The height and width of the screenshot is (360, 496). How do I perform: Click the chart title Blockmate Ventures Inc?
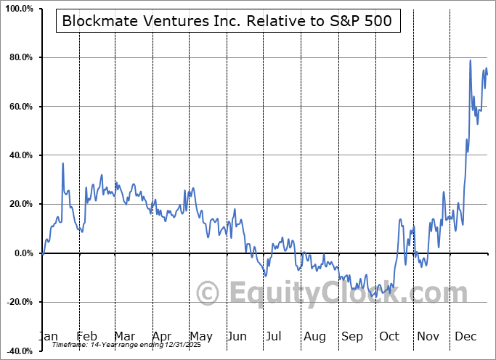pos(227,21)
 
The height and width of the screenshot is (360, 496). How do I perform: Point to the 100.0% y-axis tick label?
pos(17,9)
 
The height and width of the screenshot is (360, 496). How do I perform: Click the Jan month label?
pos(47,336)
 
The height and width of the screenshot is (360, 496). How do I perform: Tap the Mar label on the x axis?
pos(124,336)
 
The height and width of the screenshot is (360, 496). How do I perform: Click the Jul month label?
pos(275,336)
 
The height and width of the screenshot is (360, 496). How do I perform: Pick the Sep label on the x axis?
pos(352,336)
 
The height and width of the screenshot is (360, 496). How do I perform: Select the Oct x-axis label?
pos(389,336)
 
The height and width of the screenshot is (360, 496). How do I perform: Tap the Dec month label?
pos(466,336)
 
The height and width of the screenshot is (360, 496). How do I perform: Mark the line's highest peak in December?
pos(471,60)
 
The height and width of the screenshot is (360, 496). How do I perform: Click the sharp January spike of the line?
pos(63,163)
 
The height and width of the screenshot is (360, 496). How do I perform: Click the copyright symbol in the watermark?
pos(208,294)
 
